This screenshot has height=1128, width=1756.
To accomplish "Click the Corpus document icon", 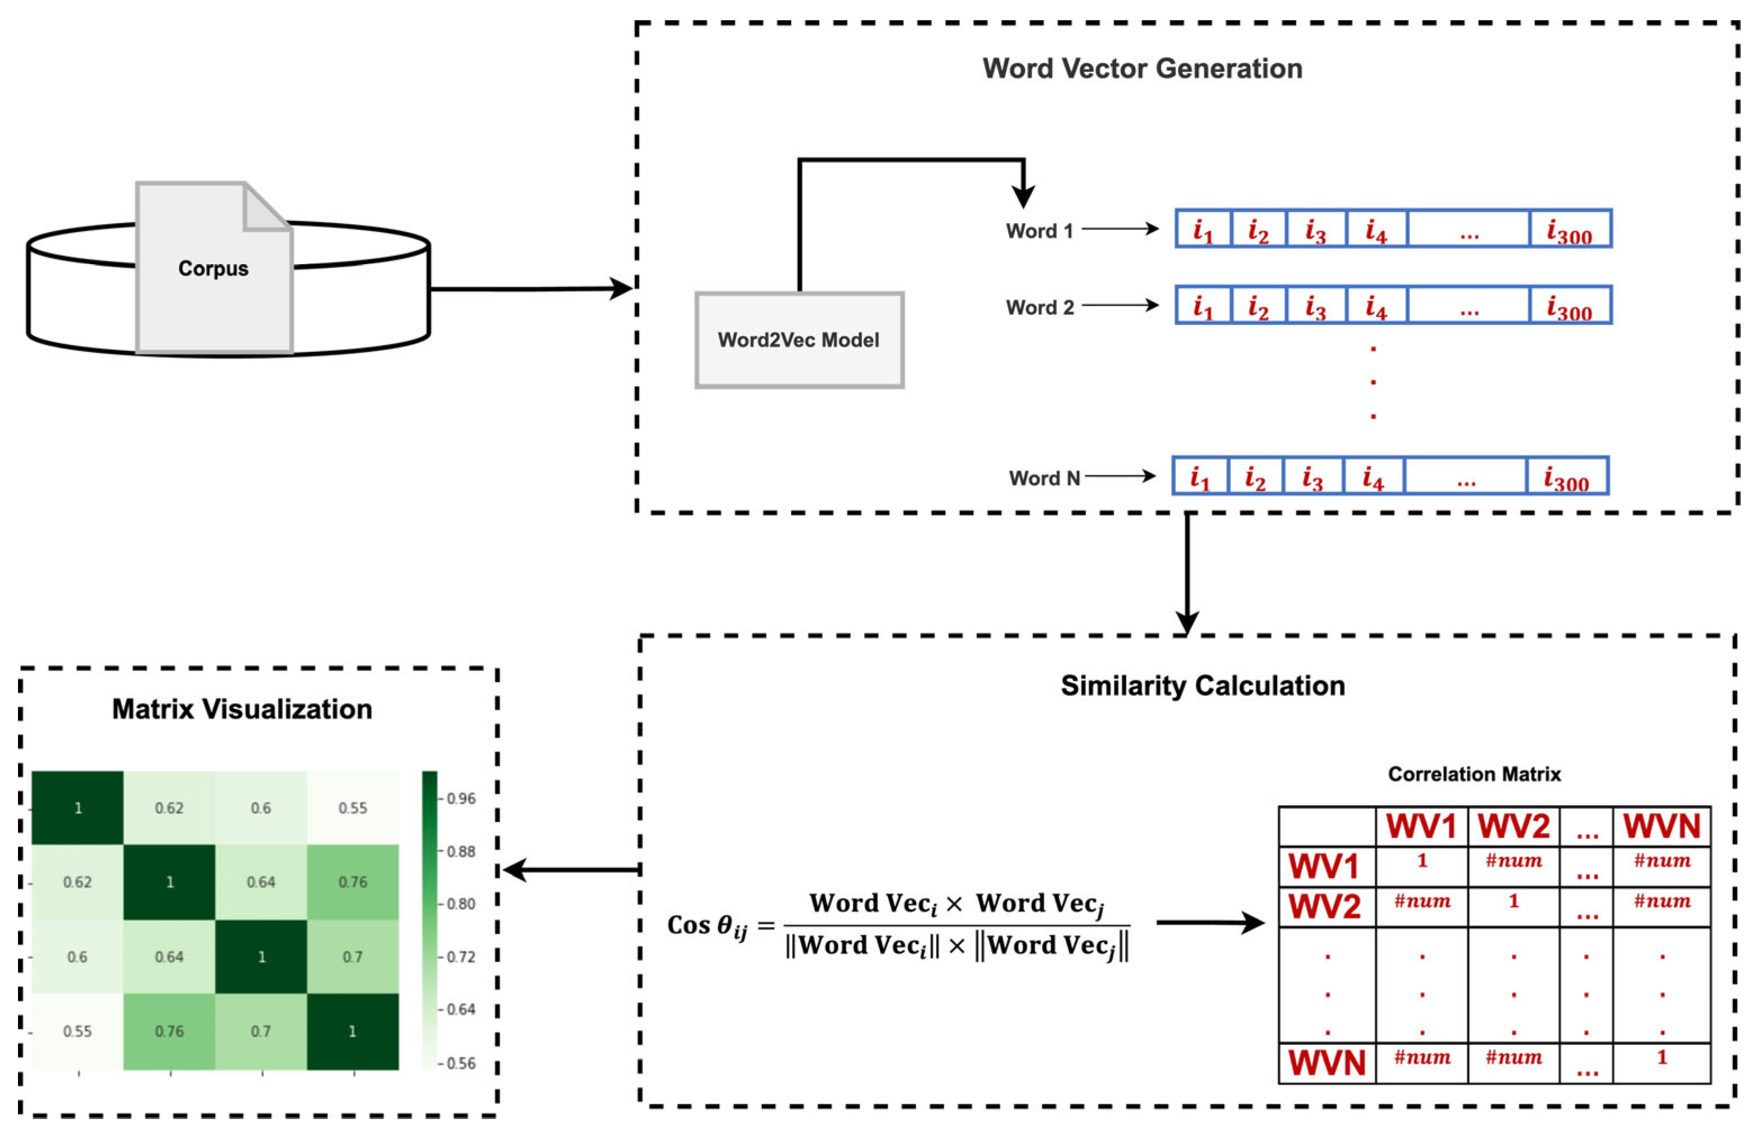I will [x=214, y=268].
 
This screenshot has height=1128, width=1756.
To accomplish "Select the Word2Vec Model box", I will [x=799, y=340].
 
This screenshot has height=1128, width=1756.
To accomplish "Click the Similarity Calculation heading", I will [x=1202, y=685].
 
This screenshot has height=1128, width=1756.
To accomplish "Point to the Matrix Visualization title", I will [x=242, y=709].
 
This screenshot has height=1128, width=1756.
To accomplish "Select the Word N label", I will [x=1044, y=479].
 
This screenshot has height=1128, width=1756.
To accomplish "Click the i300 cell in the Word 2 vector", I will [x=1569, y=305].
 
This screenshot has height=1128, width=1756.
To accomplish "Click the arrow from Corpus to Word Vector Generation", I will [x=531, y=288].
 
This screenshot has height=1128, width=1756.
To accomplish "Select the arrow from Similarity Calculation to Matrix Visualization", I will [x=571, y=870].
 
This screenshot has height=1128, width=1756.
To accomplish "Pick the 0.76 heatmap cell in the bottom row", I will [x=169, y=1031].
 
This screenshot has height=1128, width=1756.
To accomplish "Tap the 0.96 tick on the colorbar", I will [x=461, y=798].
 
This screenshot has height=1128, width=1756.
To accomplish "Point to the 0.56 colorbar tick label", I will [x=461, y=1063].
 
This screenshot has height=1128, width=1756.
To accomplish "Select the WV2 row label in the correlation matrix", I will [x=1325, y=907].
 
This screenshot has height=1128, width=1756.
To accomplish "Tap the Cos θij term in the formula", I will [x=707, y=926].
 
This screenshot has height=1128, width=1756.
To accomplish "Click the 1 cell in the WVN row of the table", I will [x=1662, y=1058].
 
